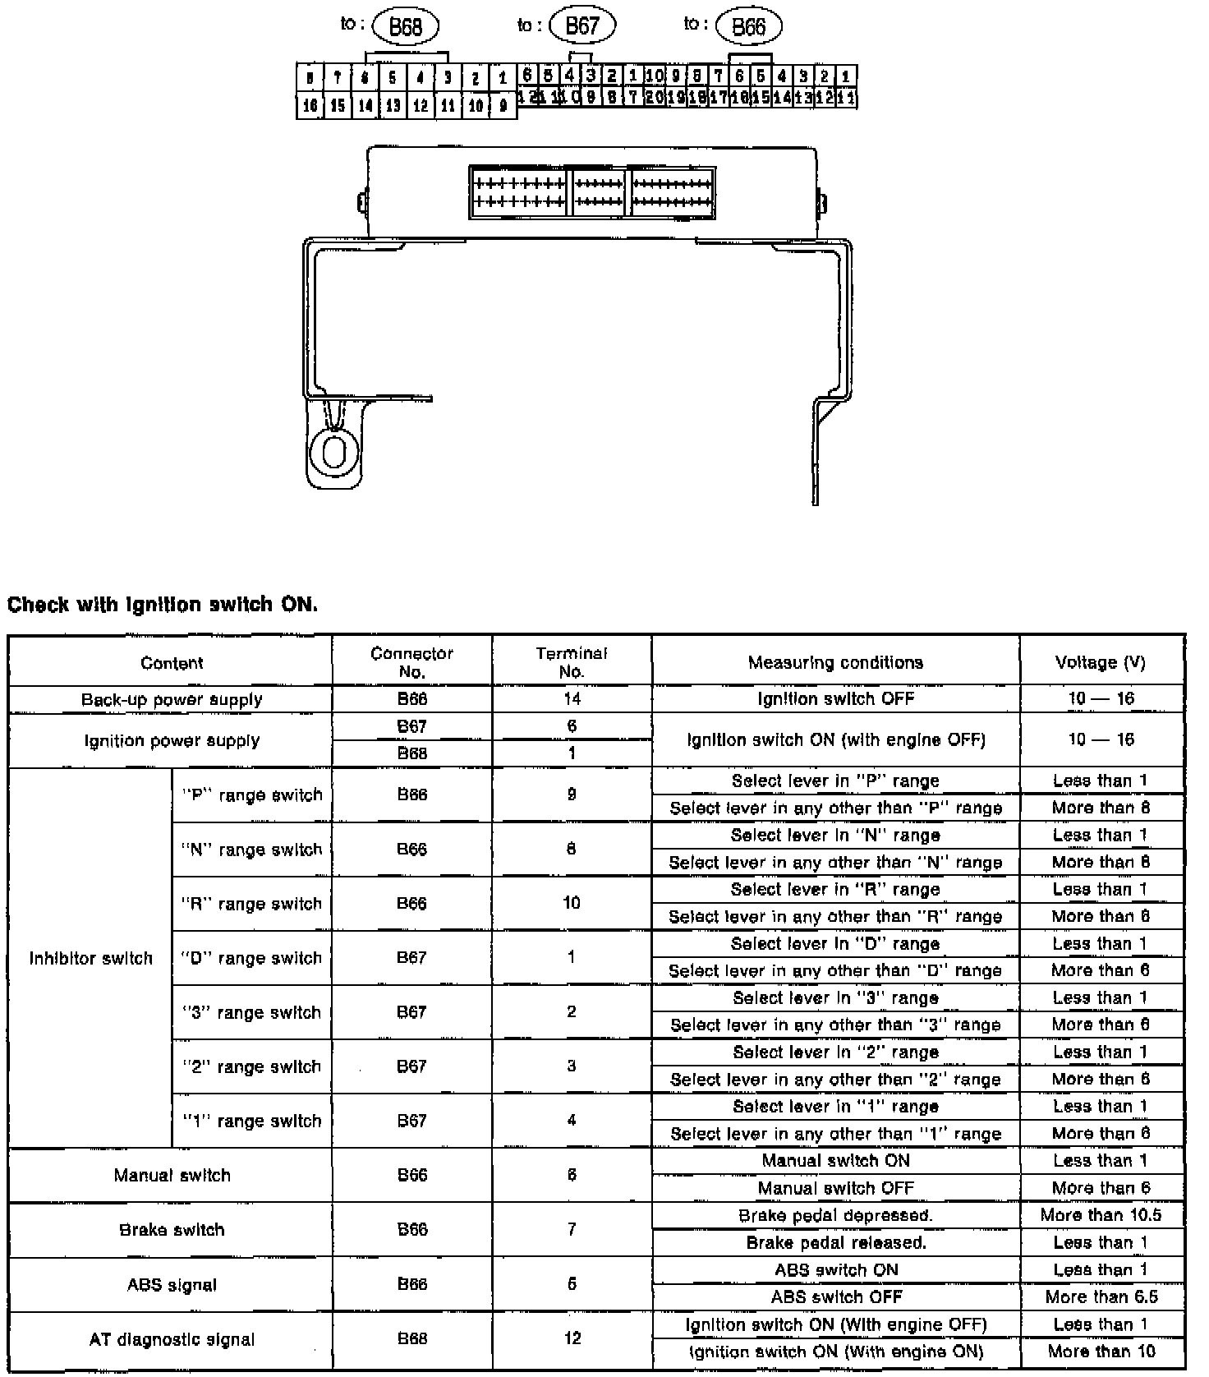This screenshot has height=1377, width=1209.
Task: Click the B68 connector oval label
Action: pos(406,27)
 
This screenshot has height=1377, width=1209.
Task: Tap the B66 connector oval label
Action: pos(748,27)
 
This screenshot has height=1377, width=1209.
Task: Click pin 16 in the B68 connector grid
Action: pos(310,105)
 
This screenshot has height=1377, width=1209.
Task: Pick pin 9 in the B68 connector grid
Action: pos(503,105)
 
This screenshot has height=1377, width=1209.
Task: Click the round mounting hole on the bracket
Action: pos(333,451)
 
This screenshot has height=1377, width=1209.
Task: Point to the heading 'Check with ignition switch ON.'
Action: pos(163,605)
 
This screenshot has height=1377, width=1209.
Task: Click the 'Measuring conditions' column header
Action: pos(835,662)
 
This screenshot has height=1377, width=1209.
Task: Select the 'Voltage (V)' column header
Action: pos(1101,662)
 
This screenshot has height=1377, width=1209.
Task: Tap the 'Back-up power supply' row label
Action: pos(172,699)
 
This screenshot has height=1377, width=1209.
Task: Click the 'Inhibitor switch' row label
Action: pos(90,958)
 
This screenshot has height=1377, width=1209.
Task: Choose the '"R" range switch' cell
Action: pos(251,904)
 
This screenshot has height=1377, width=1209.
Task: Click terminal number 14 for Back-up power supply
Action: pos(572,698)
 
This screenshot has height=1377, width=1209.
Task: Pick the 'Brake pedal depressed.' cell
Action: pos(835,1215)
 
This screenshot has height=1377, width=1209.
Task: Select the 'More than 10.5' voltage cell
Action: pos(1101,1215)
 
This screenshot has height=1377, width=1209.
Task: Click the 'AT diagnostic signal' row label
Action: pos(172,1339)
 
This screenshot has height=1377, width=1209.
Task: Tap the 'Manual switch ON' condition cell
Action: pos(835,1160)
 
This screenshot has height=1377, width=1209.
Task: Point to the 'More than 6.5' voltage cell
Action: pos(1101,1296)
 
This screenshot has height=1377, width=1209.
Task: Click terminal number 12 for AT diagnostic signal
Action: pos(572,1338)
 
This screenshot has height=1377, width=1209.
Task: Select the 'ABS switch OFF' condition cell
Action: pos(835,1296)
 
